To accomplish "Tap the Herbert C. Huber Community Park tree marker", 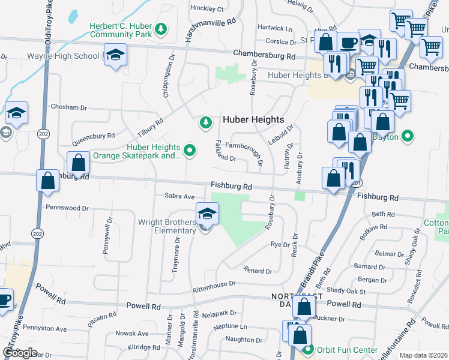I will (160, 28).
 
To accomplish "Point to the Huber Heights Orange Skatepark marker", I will (190, 151).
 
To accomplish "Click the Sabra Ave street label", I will (180, 196).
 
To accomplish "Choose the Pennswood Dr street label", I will (67, 208).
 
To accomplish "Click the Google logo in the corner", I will (19, 353).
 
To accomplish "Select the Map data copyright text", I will (423, 355).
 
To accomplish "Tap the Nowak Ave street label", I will (131, 334).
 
